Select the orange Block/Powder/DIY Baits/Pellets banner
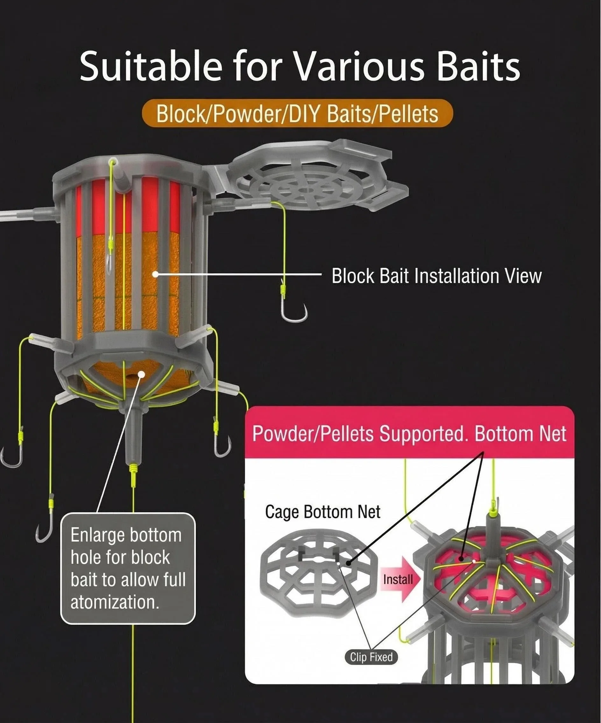click(297, 113)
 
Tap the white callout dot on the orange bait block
click(156, 274)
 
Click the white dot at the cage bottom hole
click(141, 374)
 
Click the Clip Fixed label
click(371, 657)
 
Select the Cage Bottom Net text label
click(323, 512)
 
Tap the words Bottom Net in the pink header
click(520, 433)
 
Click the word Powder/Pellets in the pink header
click(313, 434)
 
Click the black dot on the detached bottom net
click(349, 563)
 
